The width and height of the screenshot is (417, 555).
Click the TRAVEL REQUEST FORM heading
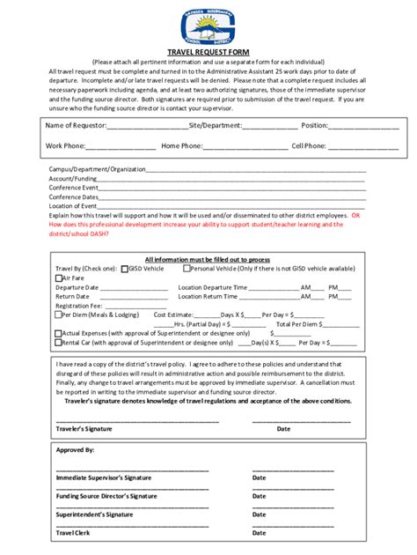click(208, 52)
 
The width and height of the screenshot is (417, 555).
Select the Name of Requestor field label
click(75, 126)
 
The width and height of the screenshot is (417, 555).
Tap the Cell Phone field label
click(309, 145)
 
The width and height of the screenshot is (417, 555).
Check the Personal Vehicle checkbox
click(187, 269)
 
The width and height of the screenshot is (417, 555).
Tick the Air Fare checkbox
click(58, 277)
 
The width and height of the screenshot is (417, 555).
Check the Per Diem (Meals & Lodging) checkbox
click(58, 314)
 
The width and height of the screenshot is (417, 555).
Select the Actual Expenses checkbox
click(58, 333)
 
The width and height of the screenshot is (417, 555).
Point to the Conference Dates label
click(72, 196)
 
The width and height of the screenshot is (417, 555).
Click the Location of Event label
click(72, 205)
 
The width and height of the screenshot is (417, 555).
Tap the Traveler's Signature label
click(84, 429)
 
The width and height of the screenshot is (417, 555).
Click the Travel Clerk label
click(71, 533)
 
